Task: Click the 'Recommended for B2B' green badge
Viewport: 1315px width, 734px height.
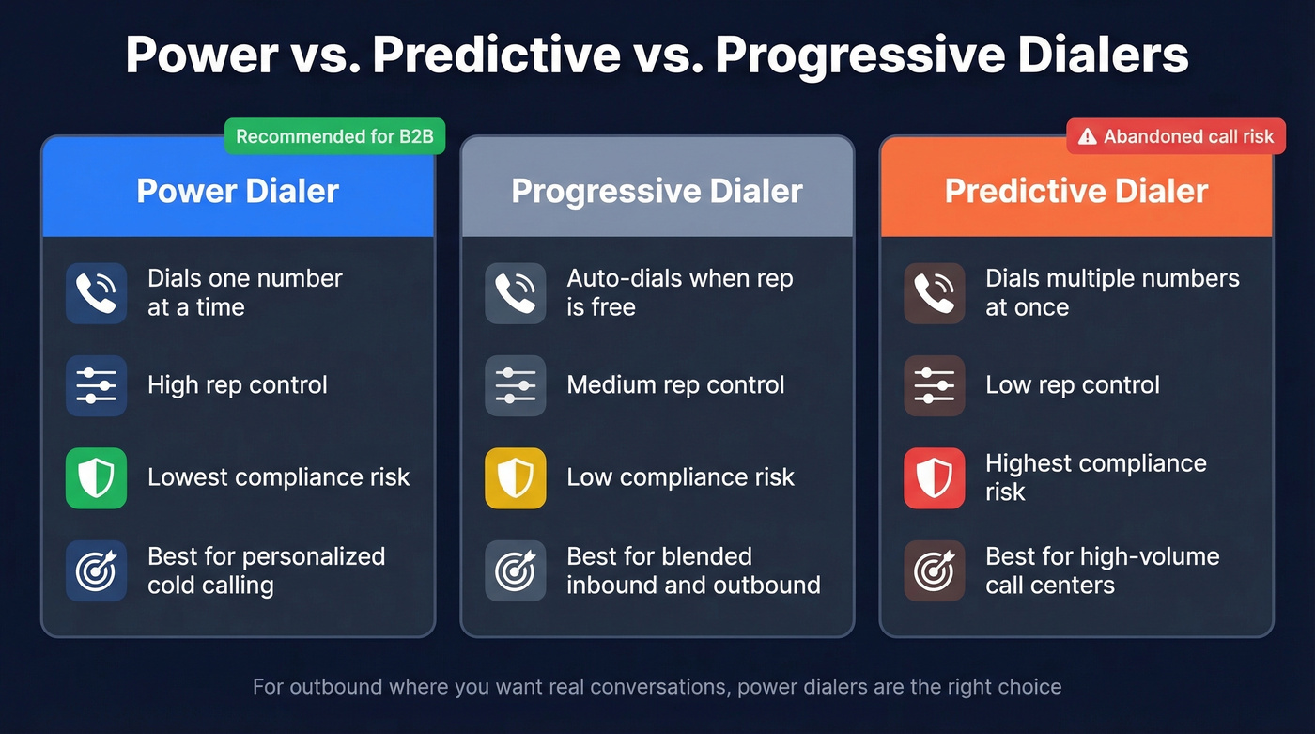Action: coord(333,136)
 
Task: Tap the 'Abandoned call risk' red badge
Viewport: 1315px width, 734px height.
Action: coord(1176,136)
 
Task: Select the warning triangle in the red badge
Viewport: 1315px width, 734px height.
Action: coord(1087,137)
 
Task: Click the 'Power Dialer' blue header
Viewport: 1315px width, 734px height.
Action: coord(238,191)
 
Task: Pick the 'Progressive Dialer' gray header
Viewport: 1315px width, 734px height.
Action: coord(657,191)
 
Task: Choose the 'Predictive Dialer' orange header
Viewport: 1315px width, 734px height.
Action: coord(1076,191)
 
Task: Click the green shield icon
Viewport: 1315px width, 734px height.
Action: coord(96,477)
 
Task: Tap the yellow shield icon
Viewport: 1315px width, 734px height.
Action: coord(515,477)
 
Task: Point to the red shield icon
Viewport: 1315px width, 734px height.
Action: coord(934,477)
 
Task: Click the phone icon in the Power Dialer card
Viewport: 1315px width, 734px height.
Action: coord(96,293)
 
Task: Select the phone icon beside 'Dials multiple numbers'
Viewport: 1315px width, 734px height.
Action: coord(934,293)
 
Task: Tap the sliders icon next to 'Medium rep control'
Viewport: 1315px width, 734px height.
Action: coord(515,385)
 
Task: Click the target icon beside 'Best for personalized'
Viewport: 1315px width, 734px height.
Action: coord(96,570)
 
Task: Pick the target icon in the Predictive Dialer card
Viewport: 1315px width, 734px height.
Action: coord(934,570)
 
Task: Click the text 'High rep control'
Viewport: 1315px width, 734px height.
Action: coord(237,385)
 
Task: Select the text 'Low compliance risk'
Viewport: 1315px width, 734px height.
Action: coord(680,477)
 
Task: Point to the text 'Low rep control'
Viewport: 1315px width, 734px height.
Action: coord(1072,385)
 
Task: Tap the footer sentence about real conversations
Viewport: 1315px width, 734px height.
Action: coord(657,687)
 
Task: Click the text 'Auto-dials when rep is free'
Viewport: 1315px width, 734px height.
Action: coord(679,293)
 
